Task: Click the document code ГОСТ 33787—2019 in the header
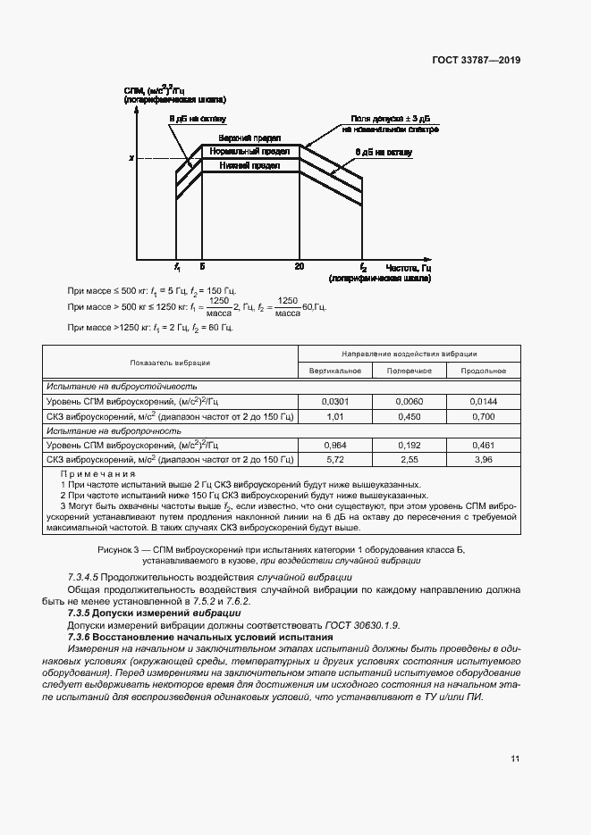476,61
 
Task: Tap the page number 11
515,759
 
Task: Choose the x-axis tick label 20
299,267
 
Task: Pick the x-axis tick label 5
202,267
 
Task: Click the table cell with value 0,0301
334,402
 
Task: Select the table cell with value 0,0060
409,402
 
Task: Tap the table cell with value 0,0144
483,402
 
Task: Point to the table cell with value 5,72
334,459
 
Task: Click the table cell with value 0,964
334,444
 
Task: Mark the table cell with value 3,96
483,459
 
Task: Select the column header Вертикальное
334,371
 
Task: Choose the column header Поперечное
409,371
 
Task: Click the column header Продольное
483,371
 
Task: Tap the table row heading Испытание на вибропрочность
105,430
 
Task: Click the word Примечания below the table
97,474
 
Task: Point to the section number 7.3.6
82,638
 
